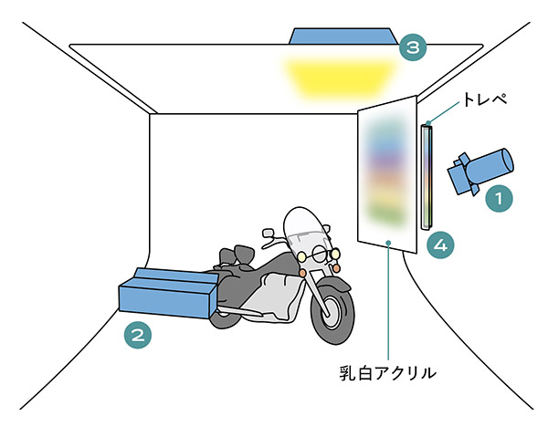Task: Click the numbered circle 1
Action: tap(498, 196)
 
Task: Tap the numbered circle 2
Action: tap(138, 334)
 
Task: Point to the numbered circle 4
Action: tap(441, 244)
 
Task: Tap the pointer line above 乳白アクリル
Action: tap(391, 301)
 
